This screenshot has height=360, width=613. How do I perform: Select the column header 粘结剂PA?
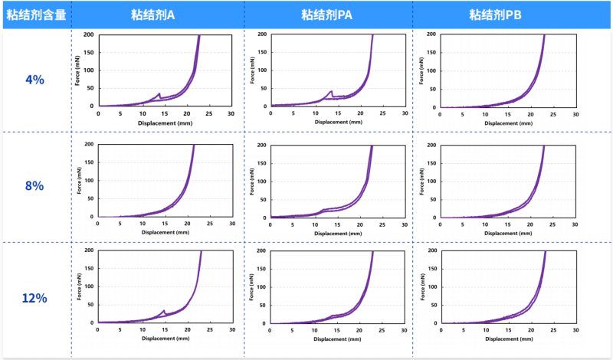point(327,14)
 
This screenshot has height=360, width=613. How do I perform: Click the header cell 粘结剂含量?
point(36,14)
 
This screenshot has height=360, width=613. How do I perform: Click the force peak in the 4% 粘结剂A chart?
point(159,94)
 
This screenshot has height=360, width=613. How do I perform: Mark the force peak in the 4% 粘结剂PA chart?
point(331,91)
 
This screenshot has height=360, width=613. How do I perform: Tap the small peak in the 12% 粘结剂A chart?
point(165,311)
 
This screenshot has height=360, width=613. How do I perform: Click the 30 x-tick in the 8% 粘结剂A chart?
point(232,223)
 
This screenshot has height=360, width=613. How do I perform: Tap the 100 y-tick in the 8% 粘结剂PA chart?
point(263,182)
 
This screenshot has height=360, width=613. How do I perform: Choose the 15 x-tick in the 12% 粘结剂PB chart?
point(508,330)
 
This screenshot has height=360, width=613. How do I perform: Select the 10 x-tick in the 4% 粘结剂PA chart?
point(315,113)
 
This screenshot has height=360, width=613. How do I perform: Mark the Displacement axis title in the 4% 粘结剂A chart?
point(165,122)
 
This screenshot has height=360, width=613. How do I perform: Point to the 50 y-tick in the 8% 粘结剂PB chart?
point(434,199)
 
